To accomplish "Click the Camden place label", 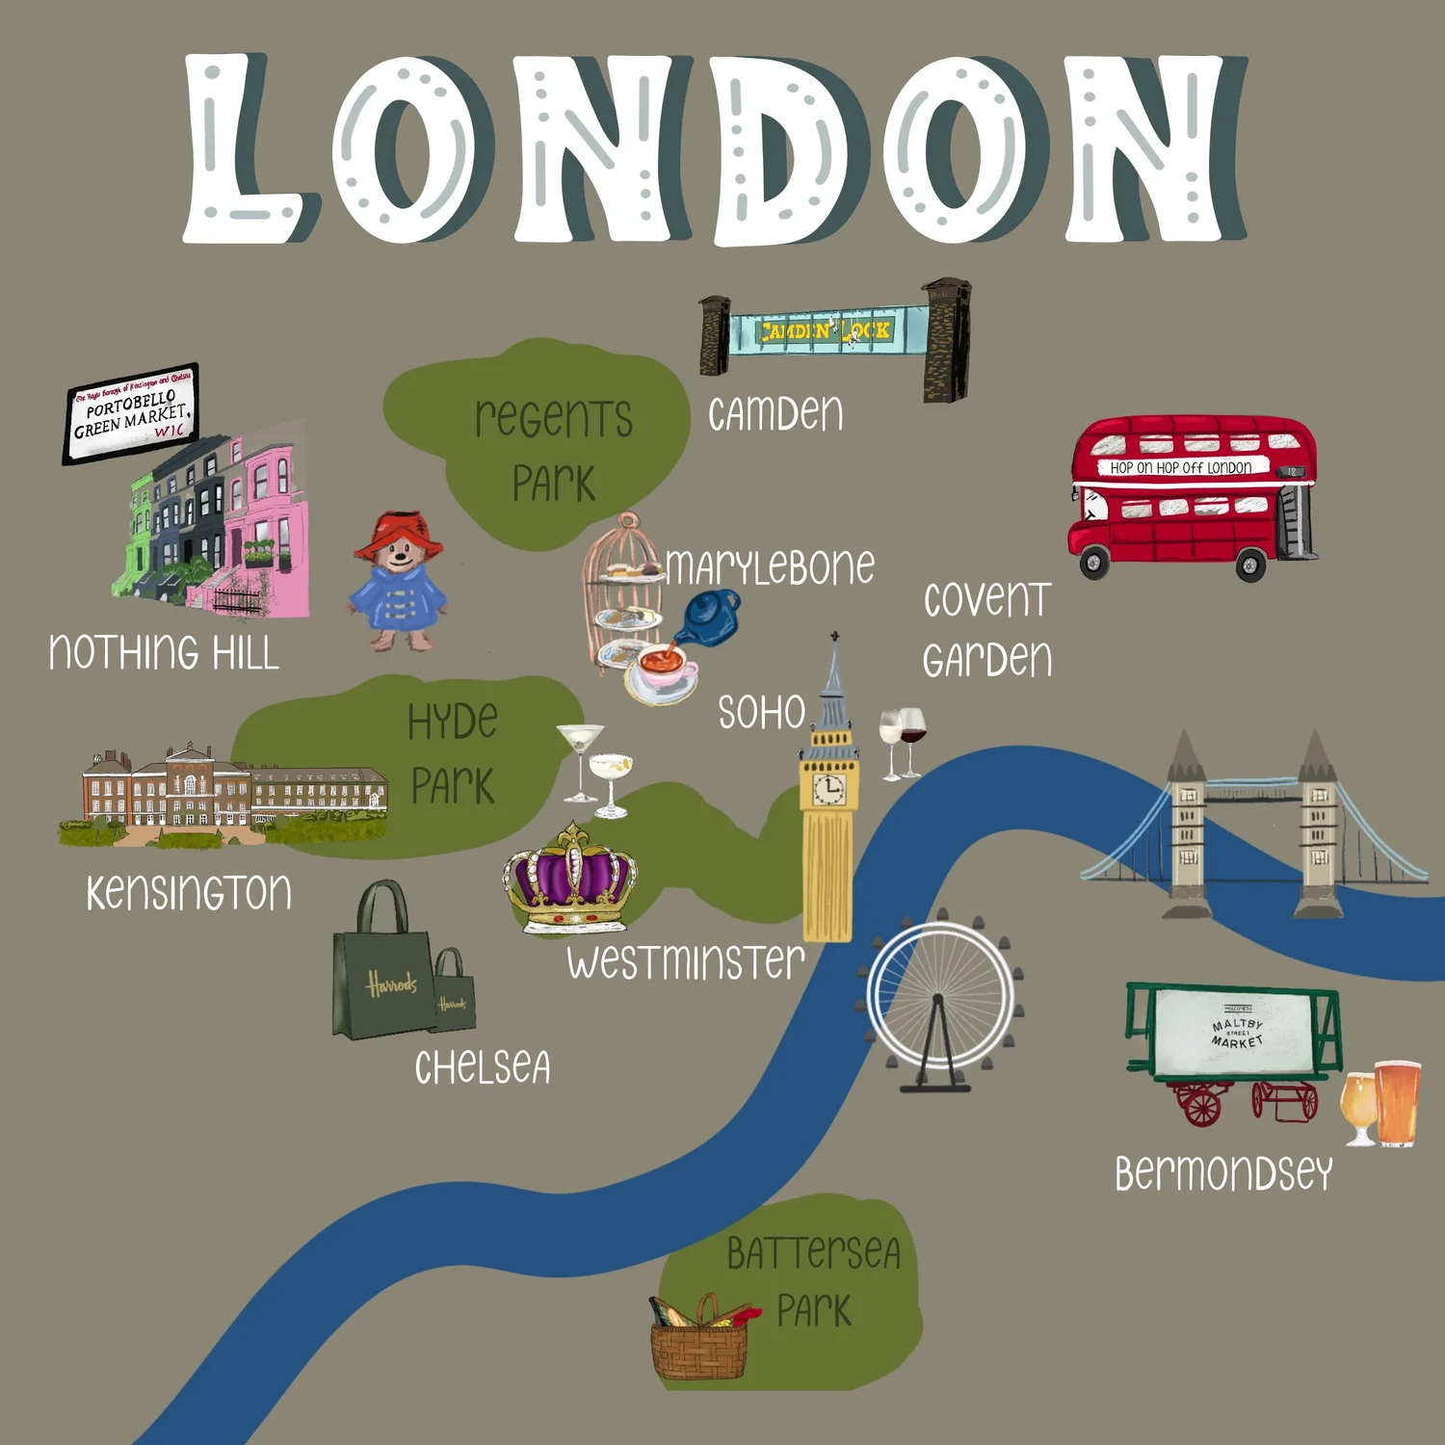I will [775, 414].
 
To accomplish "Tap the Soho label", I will [761, 713].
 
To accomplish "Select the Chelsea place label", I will [483, 1067].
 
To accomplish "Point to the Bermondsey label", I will [1223, 1173].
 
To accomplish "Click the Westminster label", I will [685, 962].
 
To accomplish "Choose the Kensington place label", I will [189, 892].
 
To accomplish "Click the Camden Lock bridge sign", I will [827, 331].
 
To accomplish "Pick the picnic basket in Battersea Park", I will [699, 1344].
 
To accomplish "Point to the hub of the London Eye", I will [938, 998].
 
